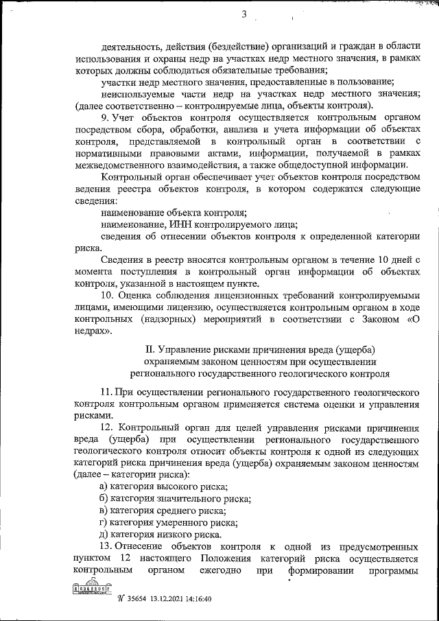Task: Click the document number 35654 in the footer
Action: [138, 597]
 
